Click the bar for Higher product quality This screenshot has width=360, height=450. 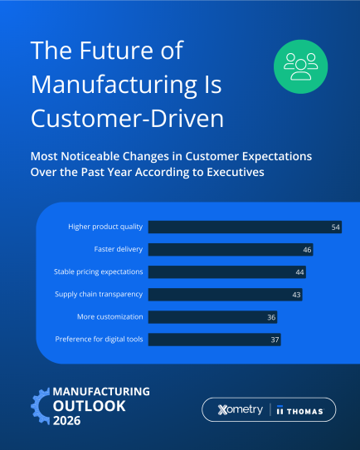click(x=241, y=227)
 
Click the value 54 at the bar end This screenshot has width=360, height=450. click(x=336, y=227)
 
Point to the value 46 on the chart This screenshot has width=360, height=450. click(x=307, y=249)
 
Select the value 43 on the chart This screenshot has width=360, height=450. click(x=297, y=294)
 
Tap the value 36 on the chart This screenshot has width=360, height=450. click(x=271, y=316)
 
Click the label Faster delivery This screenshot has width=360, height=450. click(x=119, y=249)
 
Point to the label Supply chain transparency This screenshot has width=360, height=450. click(x=99, y=294)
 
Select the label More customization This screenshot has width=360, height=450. click(x=110, y=316)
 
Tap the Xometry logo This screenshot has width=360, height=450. click(x=240, y=410)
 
